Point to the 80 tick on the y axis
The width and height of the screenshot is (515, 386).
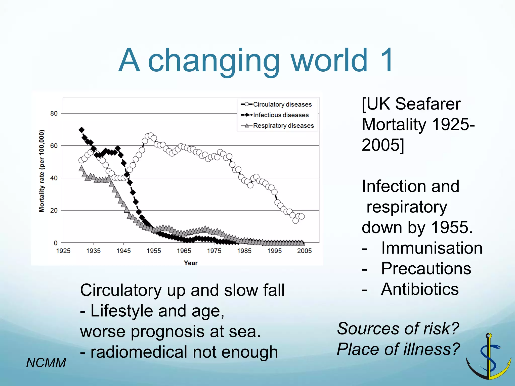(54, 113)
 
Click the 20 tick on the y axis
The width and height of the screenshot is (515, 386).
(54, 210)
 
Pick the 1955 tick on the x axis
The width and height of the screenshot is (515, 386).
(154, 251)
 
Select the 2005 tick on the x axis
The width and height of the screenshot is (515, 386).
(304, 251)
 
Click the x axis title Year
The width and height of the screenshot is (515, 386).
(191, 263)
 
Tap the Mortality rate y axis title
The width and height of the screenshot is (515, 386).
(42, 171)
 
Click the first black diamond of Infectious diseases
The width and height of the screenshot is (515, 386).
(81, 130)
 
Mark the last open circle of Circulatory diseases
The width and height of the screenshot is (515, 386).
(302, 216)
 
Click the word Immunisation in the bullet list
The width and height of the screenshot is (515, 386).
(432, 248)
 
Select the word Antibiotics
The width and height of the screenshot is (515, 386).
(420, 289)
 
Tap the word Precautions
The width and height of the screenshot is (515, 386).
(426, 269)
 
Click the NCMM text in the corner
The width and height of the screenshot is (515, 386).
(46, 363)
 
